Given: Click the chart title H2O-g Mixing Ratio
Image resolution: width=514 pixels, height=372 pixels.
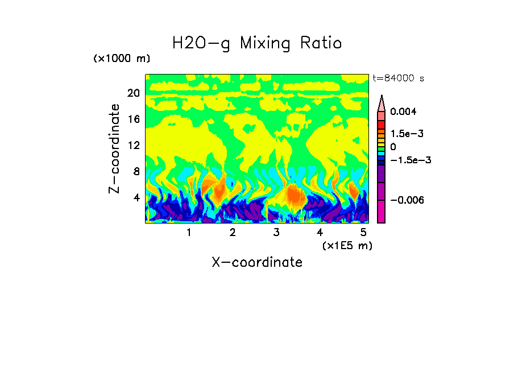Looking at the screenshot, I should (257, 43).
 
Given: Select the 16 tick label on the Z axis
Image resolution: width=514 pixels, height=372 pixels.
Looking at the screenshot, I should (133, 119).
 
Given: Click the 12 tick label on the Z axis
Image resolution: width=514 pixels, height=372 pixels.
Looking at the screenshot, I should (133, 145).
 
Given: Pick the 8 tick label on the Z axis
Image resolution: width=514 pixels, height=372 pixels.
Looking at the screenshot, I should (136, 171).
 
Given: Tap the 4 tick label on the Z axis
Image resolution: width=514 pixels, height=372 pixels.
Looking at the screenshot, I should (136, 197).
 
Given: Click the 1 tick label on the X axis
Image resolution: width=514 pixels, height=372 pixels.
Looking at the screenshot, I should (189, 232).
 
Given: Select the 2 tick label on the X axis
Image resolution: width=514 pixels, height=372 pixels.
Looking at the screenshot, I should (233, 232).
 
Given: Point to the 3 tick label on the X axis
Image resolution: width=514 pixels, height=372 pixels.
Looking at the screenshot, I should (276, 232).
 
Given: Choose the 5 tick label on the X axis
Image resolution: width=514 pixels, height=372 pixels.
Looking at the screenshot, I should (363, 232).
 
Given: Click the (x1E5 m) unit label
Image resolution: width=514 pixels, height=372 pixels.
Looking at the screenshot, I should (347, 245).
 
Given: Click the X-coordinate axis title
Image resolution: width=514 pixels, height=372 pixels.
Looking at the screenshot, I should (257, 262).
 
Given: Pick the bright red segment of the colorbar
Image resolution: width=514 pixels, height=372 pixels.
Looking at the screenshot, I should (382, 125).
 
